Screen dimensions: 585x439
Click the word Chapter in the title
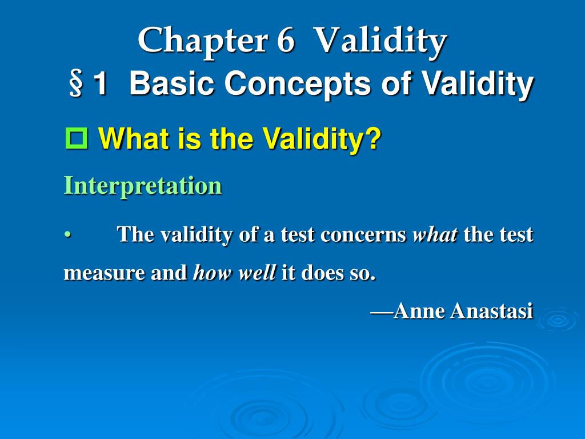(x=203, y=41)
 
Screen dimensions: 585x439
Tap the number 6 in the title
(x=286, y=40)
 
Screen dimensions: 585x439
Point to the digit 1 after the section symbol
(x=100, y=83)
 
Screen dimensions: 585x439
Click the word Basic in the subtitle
(x=172, y=83)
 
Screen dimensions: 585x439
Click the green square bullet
(x=77, y=138)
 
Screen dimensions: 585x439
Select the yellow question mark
(x=374, y=138)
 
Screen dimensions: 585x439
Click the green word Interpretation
(x=143, y=185)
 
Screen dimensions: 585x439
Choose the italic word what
(x=435, y=234)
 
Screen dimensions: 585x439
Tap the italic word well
(x=257, y=272)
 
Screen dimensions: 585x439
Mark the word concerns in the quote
(x=363, y=235)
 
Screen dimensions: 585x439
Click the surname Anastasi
(x=491, y=310)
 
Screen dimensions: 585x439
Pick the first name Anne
(x=419, y=310)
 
